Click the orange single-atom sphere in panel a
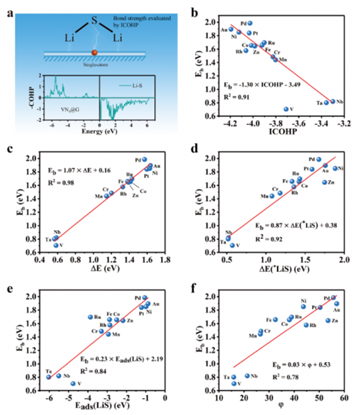(94, 53)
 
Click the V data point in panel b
(286, 109)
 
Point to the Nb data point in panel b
(333, 101)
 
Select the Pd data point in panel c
(144, 159)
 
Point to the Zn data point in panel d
(325, 182)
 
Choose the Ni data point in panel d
(335, 168)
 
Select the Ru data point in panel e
(90, 317)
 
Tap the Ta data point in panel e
(49, 377)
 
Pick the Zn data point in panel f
(328, 320)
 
